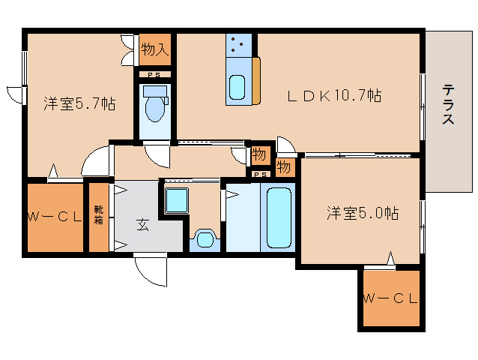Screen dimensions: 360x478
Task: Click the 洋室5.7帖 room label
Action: point(79,104)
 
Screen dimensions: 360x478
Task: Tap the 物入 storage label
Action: point(154,51)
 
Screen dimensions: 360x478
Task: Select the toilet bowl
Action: point(155,108)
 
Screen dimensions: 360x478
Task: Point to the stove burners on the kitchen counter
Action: point(239,46)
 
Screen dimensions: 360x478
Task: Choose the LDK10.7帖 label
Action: point(336,95)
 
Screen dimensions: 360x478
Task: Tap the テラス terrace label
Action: point(448,105)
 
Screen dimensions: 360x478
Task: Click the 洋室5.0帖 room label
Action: point(361,213)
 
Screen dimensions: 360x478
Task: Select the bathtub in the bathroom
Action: point(279,218)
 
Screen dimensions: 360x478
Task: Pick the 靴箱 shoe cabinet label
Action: point(99,217)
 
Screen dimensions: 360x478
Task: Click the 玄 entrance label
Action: point(142,223)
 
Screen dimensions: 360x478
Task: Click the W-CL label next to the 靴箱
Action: point(54,217)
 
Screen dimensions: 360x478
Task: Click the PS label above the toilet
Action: point(154,75)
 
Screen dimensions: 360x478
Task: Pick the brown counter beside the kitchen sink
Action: point(256,81)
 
